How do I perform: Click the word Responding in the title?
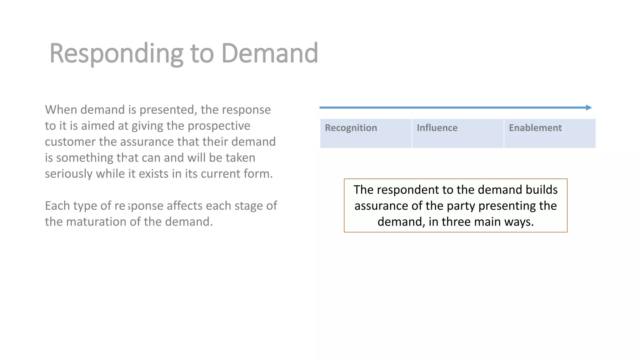116,54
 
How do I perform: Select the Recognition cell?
366,133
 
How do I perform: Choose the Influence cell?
458,133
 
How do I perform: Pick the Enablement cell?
550,133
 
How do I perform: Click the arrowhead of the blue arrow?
589,107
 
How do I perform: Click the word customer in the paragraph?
70,142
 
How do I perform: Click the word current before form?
220,174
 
